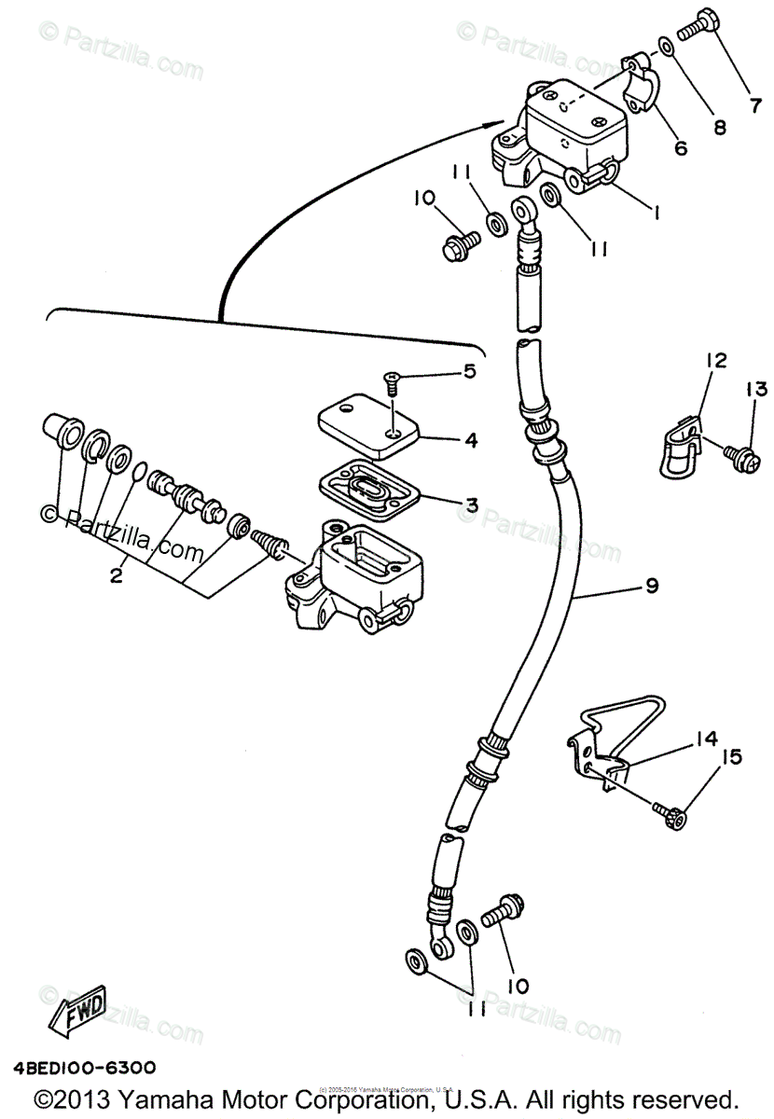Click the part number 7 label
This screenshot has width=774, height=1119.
[753, 105]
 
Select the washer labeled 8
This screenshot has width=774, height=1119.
[663, 46]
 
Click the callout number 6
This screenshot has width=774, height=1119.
[680, 147]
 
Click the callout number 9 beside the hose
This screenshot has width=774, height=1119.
[651, 586]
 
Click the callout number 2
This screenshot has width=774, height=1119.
[116, 576]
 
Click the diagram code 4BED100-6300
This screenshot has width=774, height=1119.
[85, 1069]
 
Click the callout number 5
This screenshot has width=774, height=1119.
[469, 371]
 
